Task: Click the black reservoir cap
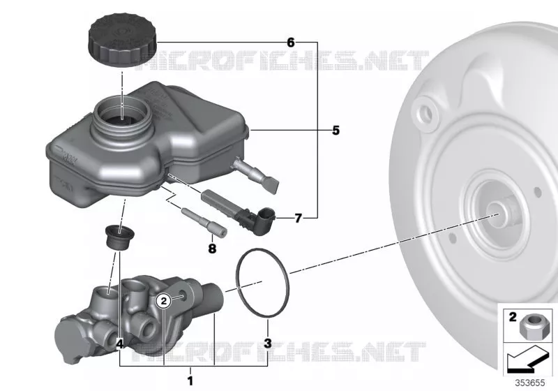(x=121, y=40)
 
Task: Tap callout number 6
(x=291, y=43)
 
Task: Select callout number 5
(x=335, y=131)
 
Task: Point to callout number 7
(x=298, y=218)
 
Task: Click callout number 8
(x=212, y=248)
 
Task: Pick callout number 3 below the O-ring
(x=268, y=344)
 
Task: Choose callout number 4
(x=120, y=344)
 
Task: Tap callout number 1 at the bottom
(x=190, y=381)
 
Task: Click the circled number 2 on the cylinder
(x=164, y=301)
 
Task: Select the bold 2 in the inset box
(x=513, y=316)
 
